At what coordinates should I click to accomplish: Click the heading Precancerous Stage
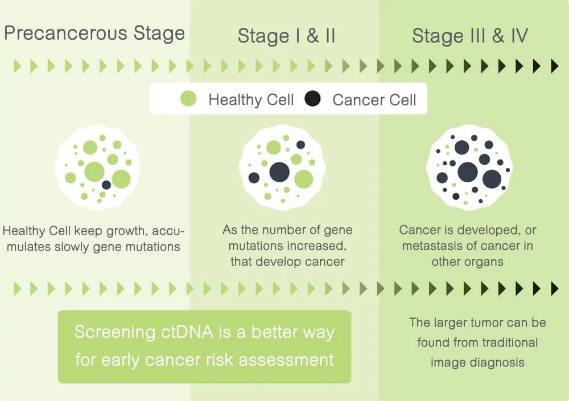coord(94,33)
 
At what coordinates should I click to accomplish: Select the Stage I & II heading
coord(286,36)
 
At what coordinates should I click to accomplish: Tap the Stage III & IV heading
coord(470,36)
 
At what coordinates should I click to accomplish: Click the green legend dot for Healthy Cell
coord(188,99)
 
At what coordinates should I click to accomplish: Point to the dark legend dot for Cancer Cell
coord(312,99)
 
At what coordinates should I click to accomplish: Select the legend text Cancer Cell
coord(374,101)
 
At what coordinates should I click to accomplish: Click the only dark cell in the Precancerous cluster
coord(106,185)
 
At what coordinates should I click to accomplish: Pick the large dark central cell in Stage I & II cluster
coord(279,172)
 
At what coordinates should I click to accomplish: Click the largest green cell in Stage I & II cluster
coord(303,179)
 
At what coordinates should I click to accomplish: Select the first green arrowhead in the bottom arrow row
coord(17,289)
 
